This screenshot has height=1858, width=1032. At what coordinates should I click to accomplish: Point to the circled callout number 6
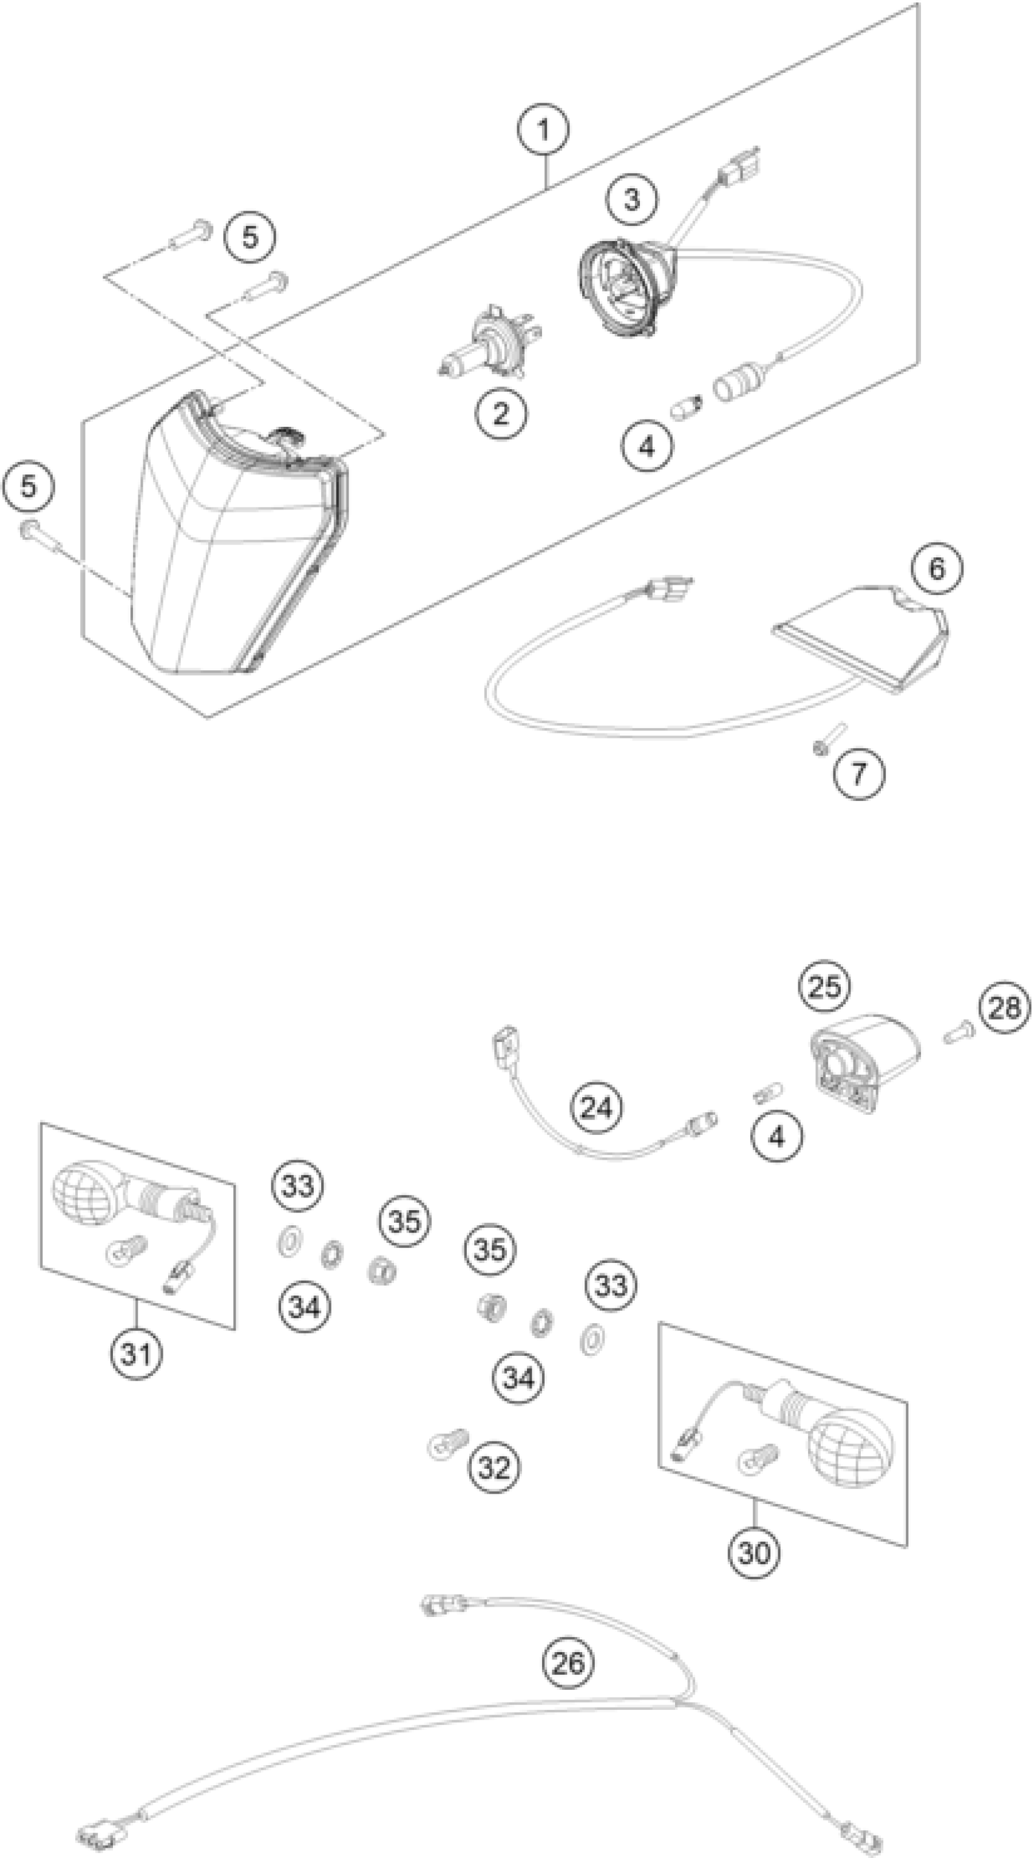coord(936,568)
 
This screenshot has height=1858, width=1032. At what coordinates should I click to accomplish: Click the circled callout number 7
coord(858,774)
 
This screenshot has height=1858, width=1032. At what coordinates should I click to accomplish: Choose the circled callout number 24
coord(596,1107)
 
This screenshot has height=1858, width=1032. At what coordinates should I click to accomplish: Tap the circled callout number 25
coord(825,986)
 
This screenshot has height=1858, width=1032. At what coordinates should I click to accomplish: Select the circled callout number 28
coord(1005,1007)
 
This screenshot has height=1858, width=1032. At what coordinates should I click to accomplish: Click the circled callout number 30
coord(753,1551)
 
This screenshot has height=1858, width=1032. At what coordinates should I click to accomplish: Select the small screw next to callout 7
coord(828,741)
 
